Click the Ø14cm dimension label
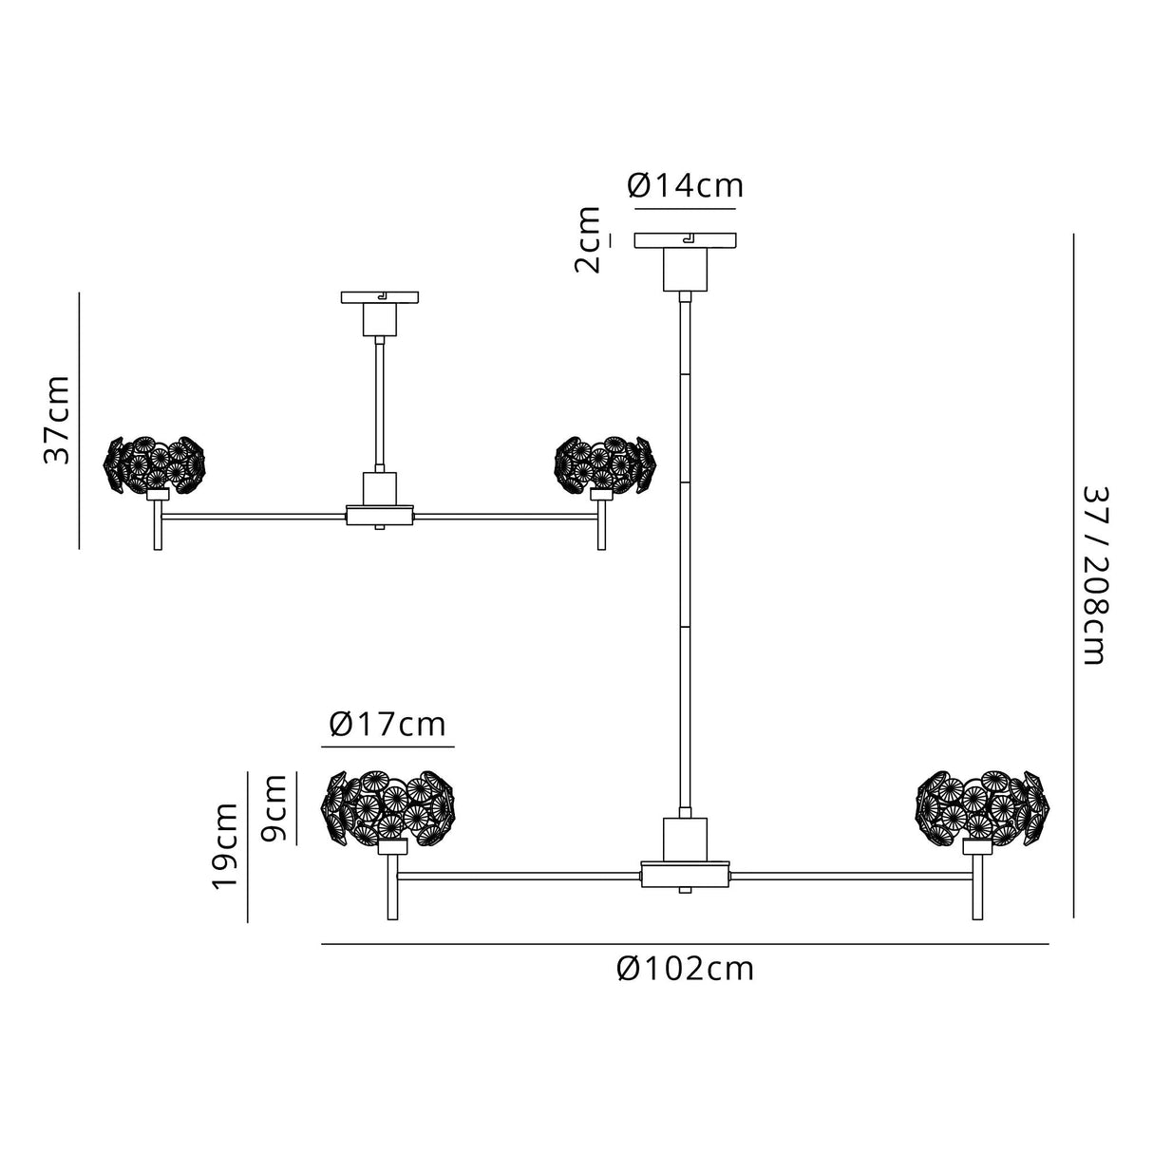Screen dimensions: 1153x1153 [x=685, y=186]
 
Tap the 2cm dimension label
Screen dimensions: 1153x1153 [x=590, y=239]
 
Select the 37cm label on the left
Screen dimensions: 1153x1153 [x=58, y=419]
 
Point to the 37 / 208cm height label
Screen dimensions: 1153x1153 [x=1093, y=576]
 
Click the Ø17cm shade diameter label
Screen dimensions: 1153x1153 [x=387, y=725]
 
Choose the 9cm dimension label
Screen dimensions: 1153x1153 [x=274, y=807]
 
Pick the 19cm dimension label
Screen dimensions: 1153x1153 [x=225, y=845]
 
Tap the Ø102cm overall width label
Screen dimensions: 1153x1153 [x=685, y=969]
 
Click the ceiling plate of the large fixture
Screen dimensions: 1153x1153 [x=685, y=240]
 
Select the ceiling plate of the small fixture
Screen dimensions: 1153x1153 [x=379, y=298]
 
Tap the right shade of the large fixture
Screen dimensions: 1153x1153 [x=983, y=805]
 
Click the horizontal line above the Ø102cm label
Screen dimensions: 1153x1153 [x=685, y=944]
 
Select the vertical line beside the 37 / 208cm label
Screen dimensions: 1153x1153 [x=1073, y=576]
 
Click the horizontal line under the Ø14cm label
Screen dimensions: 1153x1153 [x=685, y=208]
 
